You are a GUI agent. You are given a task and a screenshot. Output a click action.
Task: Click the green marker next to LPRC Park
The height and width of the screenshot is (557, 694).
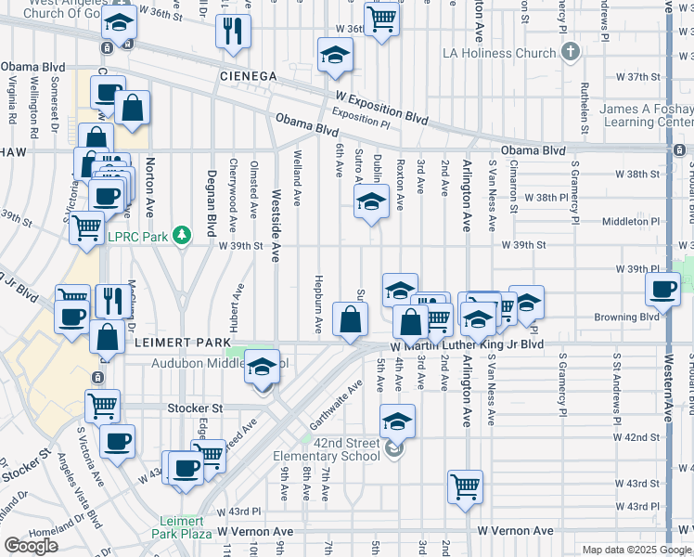point(184,236)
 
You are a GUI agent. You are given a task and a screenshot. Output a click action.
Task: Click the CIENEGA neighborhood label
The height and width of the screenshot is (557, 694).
point(249,75)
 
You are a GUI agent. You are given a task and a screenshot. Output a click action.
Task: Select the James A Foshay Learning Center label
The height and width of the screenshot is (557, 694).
point(646,115)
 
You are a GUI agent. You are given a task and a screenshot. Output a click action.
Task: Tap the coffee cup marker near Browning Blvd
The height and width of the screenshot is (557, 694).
point(664,291)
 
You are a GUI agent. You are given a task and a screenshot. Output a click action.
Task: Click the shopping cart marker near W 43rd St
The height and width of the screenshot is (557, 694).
point(465,485)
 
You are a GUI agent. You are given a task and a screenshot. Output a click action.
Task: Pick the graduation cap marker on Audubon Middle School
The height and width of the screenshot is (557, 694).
point(263,366)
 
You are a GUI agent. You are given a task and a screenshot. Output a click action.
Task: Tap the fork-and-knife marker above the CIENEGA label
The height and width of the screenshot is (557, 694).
point(233,31)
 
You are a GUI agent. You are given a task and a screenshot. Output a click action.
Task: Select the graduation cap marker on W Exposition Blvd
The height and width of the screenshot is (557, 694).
point(335,55)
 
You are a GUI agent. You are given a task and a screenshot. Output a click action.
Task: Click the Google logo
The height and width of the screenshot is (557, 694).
point(32,546)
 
